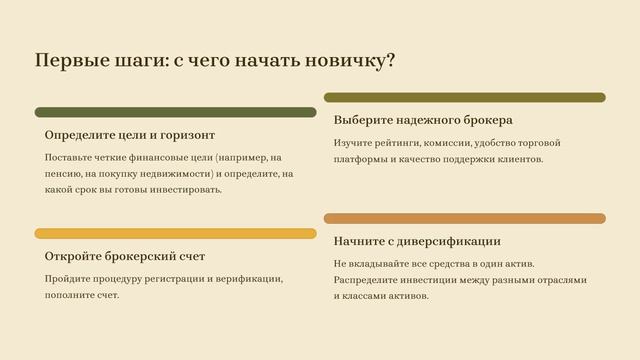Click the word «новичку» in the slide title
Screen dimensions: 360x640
(x=351, y=61)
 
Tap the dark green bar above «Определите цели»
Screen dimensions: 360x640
(x=175, y=112)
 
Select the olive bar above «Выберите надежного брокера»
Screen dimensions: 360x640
(x=464, y=97)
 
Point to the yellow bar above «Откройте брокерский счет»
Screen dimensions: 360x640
(x=175, y=233)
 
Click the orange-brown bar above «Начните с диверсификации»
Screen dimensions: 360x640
(x=464, y=218)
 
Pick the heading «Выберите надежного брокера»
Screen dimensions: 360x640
(x=423, y=119)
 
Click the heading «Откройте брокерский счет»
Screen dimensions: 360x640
(x=125, y=256)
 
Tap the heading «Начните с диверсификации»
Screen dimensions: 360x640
(x=417, y=241)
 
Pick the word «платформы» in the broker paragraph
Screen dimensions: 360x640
(x=360, y=158)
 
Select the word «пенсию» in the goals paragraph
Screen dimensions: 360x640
(x=64, y=173)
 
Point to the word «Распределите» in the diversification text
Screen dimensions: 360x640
(x=368, y=279)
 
